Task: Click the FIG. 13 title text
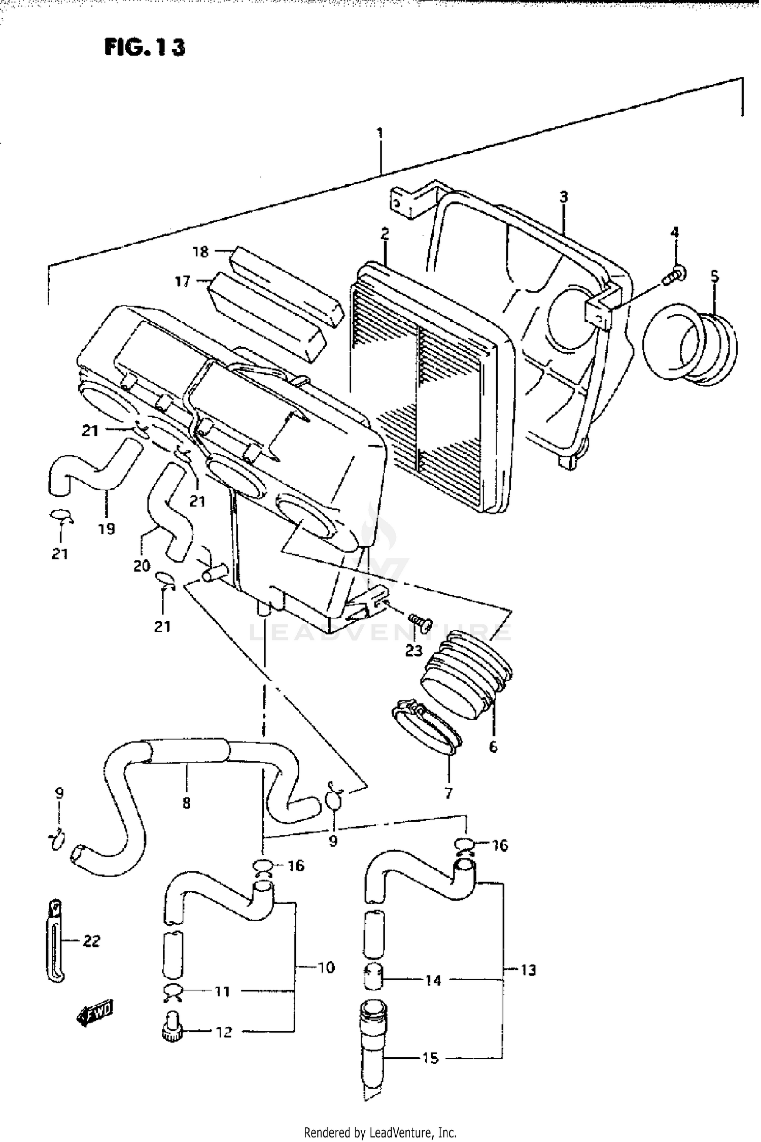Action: pos(145,47)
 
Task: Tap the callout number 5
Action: pos(714,276)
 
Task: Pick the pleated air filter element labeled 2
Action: pos(431,386)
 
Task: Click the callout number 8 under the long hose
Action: pos(186,803)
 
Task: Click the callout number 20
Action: pos(142,565)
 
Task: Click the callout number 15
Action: pos(430,1058)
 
